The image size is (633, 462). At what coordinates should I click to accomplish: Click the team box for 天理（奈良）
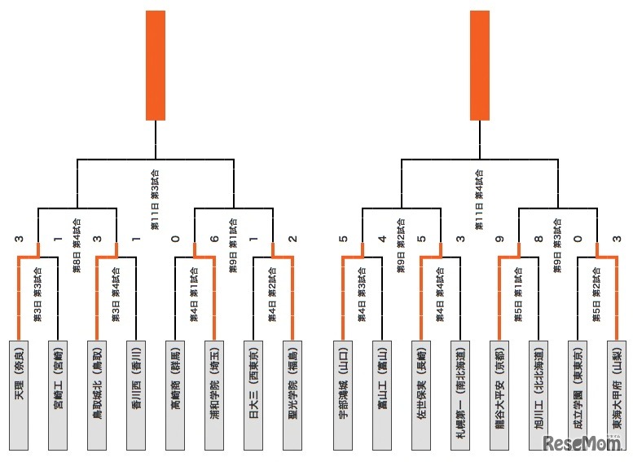[x=19, y=394]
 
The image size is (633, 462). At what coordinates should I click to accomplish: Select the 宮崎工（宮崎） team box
[x=58, y=394]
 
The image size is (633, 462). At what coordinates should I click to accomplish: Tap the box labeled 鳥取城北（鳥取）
[x=97, y=394]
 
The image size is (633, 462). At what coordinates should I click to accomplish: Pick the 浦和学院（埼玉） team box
[x=214, y=394]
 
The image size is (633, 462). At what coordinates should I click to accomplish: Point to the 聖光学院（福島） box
[x=293, y=394]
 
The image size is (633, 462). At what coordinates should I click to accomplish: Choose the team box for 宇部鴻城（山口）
[x=343, y=394]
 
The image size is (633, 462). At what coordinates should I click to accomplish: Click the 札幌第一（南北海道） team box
[x=461, y=394]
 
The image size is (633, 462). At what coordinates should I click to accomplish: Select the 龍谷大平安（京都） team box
[x=500, y=394]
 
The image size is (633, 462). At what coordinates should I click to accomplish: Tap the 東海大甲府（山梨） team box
[x=618, y=394]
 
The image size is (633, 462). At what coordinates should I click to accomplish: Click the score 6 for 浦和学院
[x=214, y=239]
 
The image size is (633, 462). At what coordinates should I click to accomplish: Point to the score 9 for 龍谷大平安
[x=500, y=239]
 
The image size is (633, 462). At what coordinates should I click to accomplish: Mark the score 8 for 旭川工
[x=539, y=239]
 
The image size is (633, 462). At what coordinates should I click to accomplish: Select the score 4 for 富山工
[x=382, y=239]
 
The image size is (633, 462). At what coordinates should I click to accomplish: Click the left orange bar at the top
[x=156, y=65]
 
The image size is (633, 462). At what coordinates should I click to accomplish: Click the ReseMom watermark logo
[x=582, y=444]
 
